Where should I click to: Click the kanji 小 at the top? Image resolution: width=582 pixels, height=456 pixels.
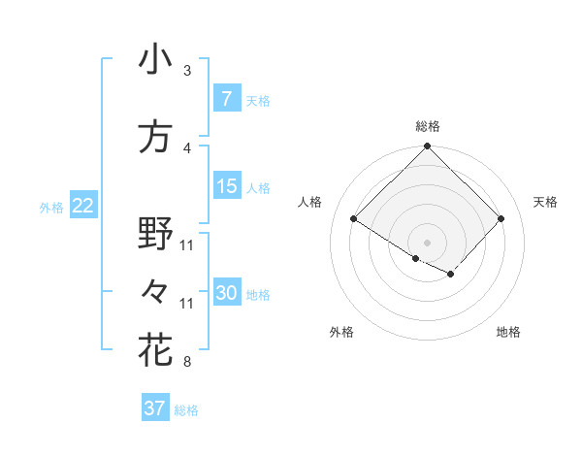[x=155, y=60]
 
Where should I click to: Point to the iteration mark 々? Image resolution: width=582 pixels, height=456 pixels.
[x=155, y=292]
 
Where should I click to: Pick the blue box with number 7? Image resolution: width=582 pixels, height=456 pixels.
[x=226, y=98]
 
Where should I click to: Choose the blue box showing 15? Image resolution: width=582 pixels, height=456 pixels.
[x=226, y=186]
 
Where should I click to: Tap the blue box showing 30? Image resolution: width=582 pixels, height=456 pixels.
[x=226, y=293]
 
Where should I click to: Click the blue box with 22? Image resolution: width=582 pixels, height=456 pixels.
[x=82, y=206]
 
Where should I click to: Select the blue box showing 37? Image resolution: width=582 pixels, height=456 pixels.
[x=154, y=408]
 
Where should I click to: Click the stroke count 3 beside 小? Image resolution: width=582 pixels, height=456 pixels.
[x=187, y=71]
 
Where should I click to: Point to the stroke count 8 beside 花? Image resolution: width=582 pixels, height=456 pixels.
[x=187, y=363]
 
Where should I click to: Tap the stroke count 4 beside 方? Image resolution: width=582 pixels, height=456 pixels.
[x=187, y=148]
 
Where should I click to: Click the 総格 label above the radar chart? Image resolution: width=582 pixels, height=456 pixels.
[x=428, y=126]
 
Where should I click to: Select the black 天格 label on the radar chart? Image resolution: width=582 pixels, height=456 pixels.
[x=546, y=202]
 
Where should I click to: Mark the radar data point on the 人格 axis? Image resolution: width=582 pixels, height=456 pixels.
[x=354, y=218]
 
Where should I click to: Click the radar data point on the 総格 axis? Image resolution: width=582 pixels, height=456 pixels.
[x=428, y=147]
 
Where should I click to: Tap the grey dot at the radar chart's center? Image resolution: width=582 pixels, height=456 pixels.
[x=428, y=241]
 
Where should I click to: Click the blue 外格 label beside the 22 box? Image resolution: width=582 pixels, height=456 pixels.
[x=51, y=207]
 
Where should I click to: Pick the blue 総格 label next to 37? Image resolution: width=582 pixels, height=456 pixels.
[x=186, y=410]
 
